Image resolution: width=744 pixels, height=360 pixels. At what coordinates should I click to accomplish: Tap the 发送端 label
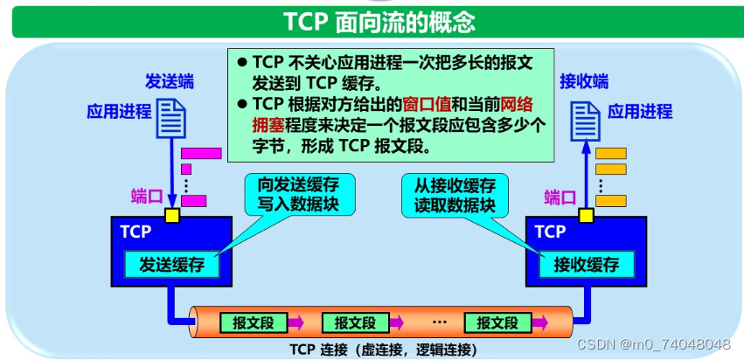pyautogui.click(x=170, y=82)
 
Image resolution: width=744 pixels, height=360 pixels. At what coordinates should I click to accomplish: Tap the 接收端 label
pyautogui.click(x=584, y=82)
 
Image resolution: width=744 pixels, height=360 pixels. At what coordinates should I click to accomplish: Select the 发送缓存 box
pyautogui.click(x=171, y=264)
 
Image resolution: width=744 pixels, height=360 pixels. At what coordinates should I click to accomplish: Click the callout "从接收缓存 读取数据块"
pyautogui.click(x=448, y=194)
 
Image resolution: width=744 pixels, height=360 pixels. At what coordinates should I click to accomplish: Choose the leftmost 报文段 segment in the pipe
pyautogui.click(x=254, y=322)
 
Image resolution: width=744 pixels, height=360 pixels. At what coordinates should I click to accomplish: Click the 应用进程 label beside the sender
pyautogui.click(x=119, y=112)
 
